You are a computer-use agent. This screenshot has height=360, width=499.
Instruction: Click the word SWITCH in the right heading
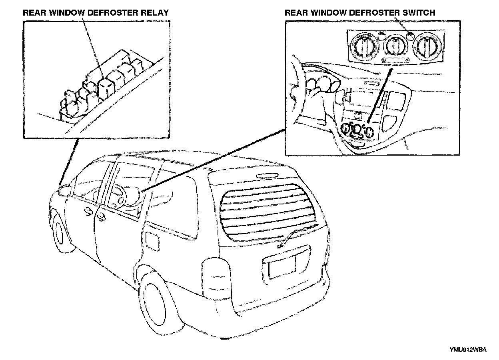click(418, 12)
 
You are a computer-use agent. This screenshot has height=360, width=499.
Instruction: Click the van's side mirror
click(64, 190)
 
